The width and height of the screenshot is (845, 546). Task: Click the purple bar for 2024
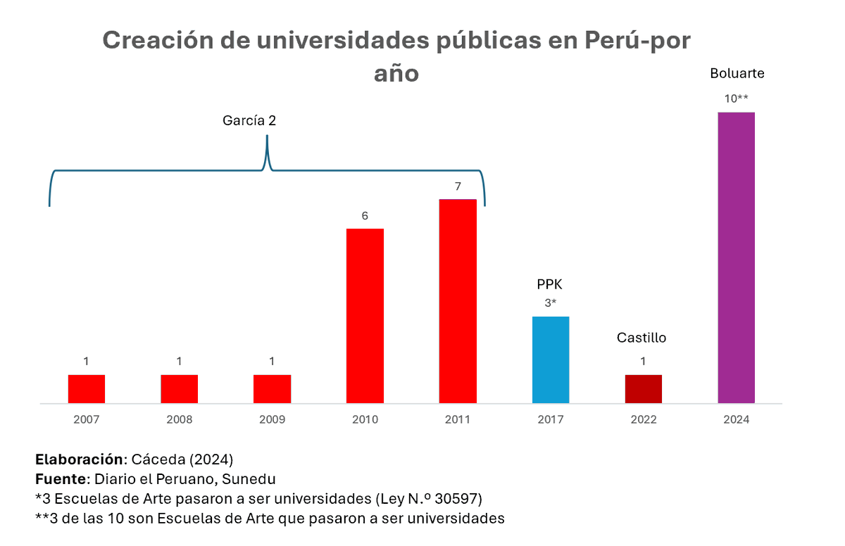(x=736, y=258)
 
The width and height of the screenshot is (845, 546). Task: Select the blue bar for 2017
(x=551, y=360)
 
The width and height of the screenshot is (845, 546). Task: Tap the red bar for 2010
(x=365, y=316)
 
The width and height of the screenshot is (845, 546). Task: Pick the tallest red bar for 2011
(x=458, y=301)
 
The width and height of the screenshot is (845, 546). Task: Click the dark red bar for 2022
(x=644, y=389)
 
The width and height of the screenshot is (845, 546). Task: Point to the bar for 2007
(x=87, y=389)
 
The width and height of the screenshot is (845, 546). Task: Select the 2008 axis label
(x=180, y=420)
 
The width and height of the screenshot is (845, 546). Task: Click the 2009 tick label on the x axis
(x=272, y=420)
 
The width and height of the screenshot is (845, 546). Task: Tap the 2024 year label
(x=736, y=420)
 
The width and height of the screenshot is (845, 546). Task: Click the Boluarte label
(x=737, y=73)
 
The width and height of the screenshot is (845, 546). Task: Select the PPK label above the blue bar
(x=550, y=285)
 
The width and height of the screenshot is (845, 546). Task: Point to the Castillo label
(x=641, y=338)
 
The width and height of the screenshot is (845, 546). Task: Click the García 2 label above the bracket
(x=249, y=120)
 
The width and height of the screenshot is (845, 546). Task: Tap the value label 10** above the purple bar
(x=736, y=99)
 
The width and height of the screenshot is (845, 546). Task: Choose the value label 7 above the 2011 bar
(x=458, y=186)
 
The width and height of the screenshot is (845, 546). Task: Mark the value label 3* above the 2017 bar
(x=551, y=303)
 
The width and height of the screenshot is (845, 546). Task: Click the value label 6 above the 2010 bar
(x=365, y=216)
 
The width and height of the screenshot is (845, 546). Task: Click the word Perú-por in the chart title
(x=638, y=40)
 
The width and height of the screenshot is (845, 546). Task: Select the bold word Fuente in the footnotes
(x=60, y=479)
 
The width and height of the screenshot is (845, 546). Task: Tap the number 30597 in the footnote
(x=458, y=499)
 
